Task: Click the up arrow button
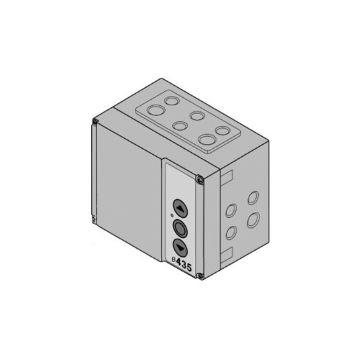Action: tap(180, 208)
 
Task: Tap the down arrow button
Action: tap(180, 248)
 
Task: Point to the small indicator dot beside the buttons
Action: tap(172, 215)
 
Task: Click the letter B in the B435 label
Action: tap(174, 259)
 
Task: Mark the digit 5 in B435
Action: tap(189, 267)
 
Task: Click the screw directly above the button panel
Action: tap(200, 179)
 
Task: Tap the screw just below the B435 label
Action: tap(200, 276)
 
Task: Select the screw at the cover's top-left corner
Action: tap(95, 121)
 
